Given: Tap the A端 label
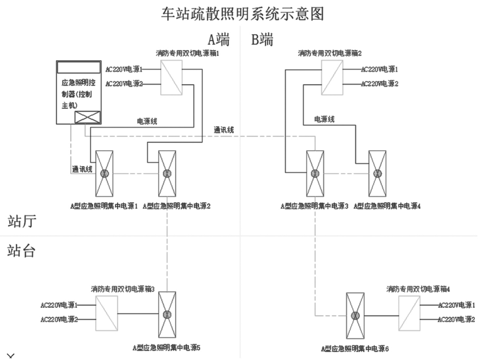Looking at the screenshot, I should (218, 40).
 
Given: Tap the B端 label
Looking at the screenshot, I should (262, 40).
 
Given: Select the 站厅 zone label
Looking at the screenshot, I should (22, 222).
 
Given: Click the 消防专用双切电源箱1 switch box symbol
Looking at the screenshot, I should (171, 77).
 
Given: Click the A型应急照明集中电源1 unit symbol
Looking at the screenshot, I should (104, 173).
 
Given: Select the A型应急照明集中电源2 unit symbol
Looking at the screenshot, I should (167, 173).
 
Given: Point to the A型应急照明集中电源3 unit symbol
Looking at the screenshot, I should (315, 173).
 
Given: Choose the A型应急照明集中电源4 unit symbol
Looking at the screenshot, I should (377, 173).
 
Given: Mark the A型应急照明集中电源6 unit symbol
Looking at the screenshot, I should (356, 316).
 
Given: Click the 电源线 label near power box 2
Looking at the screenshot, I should (324, 119).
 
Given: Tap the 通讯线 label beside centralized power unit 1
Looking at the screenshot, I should (82, 170).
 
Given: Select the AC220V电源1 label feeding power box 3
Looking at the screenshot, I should (59, 305).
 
